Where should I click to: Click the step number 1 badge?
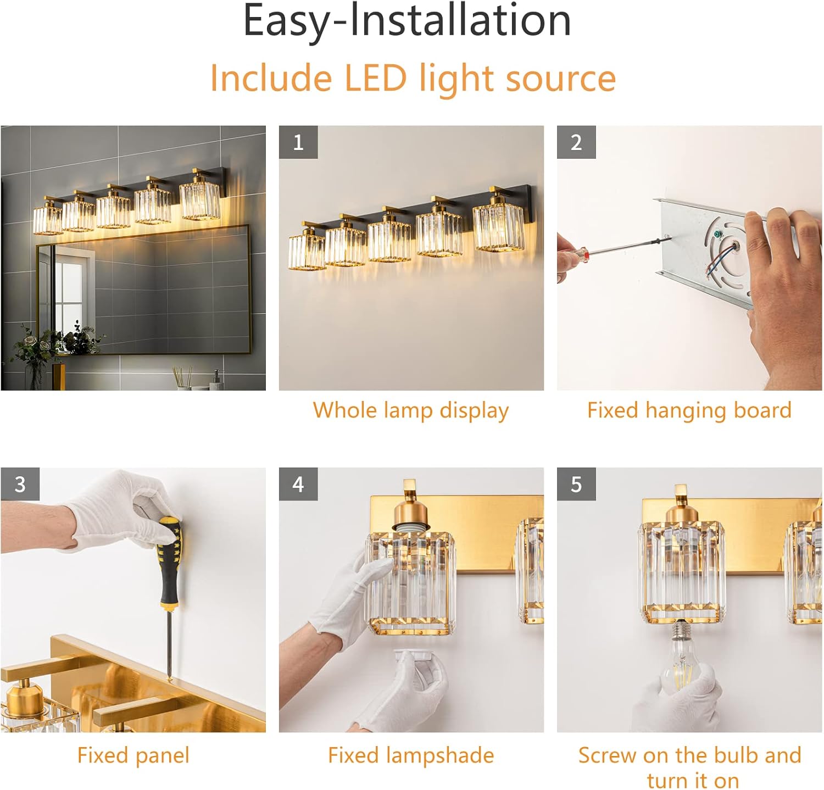298,142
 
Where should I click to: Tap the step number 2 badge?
576,142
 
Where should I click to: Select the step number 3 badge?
20,484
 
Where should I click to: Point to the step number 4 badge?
298,484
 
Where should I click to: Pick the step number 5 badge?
576,484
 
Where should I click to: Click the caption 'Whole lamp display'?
411,411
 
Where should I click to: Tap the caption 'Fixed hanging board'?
689,411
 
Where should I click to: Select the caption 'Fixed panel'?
133,755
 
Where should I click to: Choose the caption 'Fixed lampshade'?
411,755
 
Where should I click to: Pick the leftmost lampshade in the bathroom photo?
47,219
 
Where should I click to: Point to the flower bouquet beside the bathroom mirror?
55,343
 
